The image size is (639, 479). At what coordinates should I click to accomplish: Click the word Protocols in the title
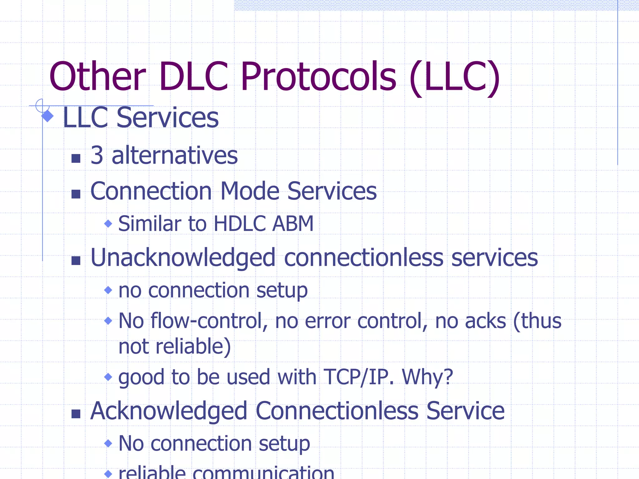tap(318, 76)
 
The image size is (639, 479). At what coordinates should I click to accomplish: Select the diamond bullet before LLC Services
tap(47, 116)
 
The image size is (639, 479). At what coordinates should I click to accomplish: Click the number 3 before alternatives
tap(97, 155)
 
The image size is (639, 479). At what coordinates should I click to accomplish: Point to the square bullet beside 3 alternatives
tap(76, 158)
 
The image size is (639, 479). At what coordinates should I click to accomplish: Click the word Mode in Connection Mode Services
tap(250, 191)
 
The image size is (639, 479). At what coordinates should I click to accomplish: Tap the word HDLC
tap(240, 224)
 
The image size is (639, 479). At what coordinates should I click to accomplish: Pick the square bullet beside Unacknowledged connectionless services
tap(76, 260)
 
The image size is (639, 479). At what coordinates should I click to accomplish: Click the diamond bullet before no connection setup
tap(108, 290)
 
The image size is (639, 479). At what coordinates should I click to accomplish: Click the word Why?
tap(427, 377)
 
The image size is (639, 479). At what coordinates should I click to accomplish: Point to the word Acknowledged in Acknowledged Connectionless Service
tap(169, 411)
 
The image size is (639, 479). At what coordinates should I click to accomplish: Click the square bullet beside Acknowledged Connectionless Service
tap(76, 414)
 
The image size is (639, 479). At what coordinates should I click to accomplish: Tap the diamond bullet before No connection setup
tap(108, 443)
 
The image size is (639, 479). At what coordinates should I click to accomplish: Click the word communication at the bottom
tap(263, 473)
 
